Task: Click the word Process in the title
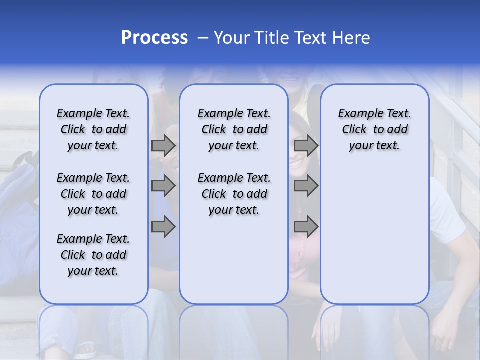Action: pyautogui.click(x=154, y=38)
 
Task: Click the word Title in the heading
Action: pyautogui.click(x=270, y=38)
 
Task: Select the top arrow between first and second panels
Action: pyautogui.click(x=163, y=146)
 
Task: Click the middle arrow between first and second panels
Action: pyautogui.click(x=163, y=186)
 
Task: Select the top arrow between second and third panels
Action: pyautogui.click(x=306, y=146)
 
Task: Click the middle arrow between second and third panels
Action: pyautogui.click(x=306, y=186)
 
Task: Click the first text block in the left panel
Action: pyautogui.click(x=93, y=129)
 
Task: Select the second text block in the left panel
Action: pyautogui.click(x=93, y=194)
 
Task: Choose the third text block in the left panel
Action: pyautogui.click(x=93, y=255)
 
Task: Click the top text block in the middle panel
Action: pyautogui.click(x=234, y=129)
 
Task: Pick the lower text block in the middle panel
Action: pyautogui.click(x=234, y=194)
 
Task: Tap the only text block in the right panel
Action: pyautogui.click(x=375, y=129)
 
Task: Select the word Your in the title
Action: pyautogui.click(x=232, y=38)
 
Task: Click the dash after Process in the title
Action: pyautogui.click(x=203, y=38)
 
